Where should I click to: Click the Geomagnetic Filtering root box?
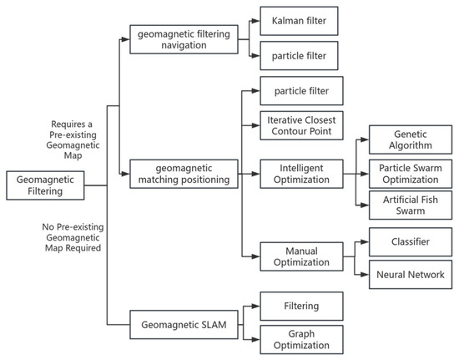coord(45,185)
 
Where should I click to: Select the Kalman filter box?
coord(299,21)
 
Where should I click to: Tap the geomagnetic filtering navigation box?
coord(184,39)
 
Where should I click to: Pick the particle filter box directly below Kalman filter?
coord(299,56)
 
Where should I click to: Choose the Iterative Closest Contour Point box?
coord(301,125)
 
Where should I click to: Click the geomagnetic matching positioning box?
coord(184,174)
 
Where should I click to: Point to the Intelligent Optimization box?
coord(301,174)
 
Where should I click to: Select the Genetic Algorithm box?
coord(411,139)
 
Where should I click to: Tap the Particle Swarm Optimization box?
coord(411,174)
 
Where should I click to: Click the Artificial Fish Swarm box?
coord(411,205)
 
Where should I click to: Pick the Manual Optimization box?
coord(301,256)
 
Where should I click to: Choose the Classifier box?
coord(411,241)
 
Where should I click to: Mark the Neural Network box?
coord(411,275)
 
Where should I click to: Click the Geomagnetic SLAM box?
coord(184,325)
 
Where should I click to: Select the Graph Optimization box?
coord(301,339)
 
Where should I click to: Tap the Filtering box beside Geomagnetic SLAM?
coord(301,306)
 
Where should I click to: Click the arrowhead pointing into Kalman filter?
coord(255,21)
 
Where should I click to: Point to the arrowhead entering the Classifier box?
coord(365,241)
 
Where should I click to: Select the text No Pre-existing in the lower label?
coord(73,227)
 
